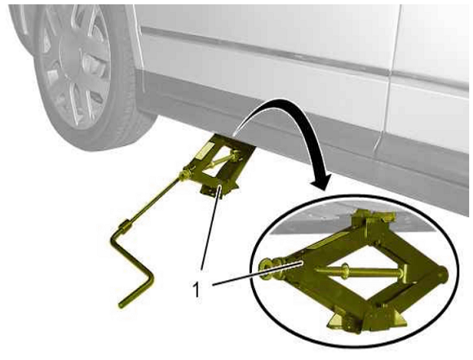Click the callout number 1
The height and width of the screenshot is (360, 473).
(197, 289)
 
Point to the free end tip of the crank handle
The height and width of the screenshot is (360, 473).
(122, 305)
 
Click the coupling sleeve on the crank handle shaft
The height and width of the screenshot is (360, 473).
(125, 225)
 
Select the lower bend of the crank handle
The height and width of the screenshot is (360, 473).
(148, 279)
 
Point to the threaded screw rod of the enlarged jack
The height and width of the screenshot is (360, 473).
(359, 271)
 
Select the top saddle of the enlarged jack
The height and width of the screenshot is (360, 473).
(374, 218)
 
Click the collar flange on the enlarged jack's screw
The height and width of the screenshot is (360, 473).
(345, 269)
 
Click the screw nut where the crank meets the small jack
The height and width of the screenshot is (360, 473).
(183, 176)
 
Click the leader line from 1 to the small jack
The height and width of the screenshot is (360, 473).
(211, 228)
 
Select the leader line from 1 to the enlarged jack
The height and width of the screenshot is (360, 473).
(258, 273)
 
